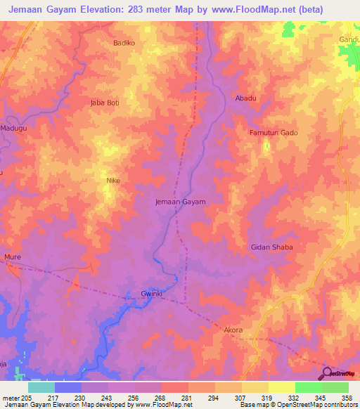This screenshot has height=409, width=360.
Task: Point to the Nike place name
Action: (112, 181)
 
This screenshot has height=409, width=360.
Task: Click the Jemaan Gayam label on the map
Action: (180, 202)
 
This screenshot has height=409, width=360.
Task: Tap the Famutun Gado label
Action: (274, 133)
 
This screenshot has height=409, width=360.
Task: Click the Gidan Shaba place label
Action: (271, 247)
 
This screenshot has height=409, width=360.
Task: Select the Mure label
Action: (13, 257)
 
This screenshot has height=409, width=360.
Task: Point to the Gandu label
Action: (349, 40)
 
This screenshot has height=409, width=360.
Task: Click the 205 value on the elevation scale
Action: (25, 398)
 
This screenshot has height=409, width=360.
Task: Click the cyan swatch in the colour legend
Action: (41, 387)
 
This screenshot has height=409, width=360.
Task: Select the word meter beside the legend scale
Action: (10, 398)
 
